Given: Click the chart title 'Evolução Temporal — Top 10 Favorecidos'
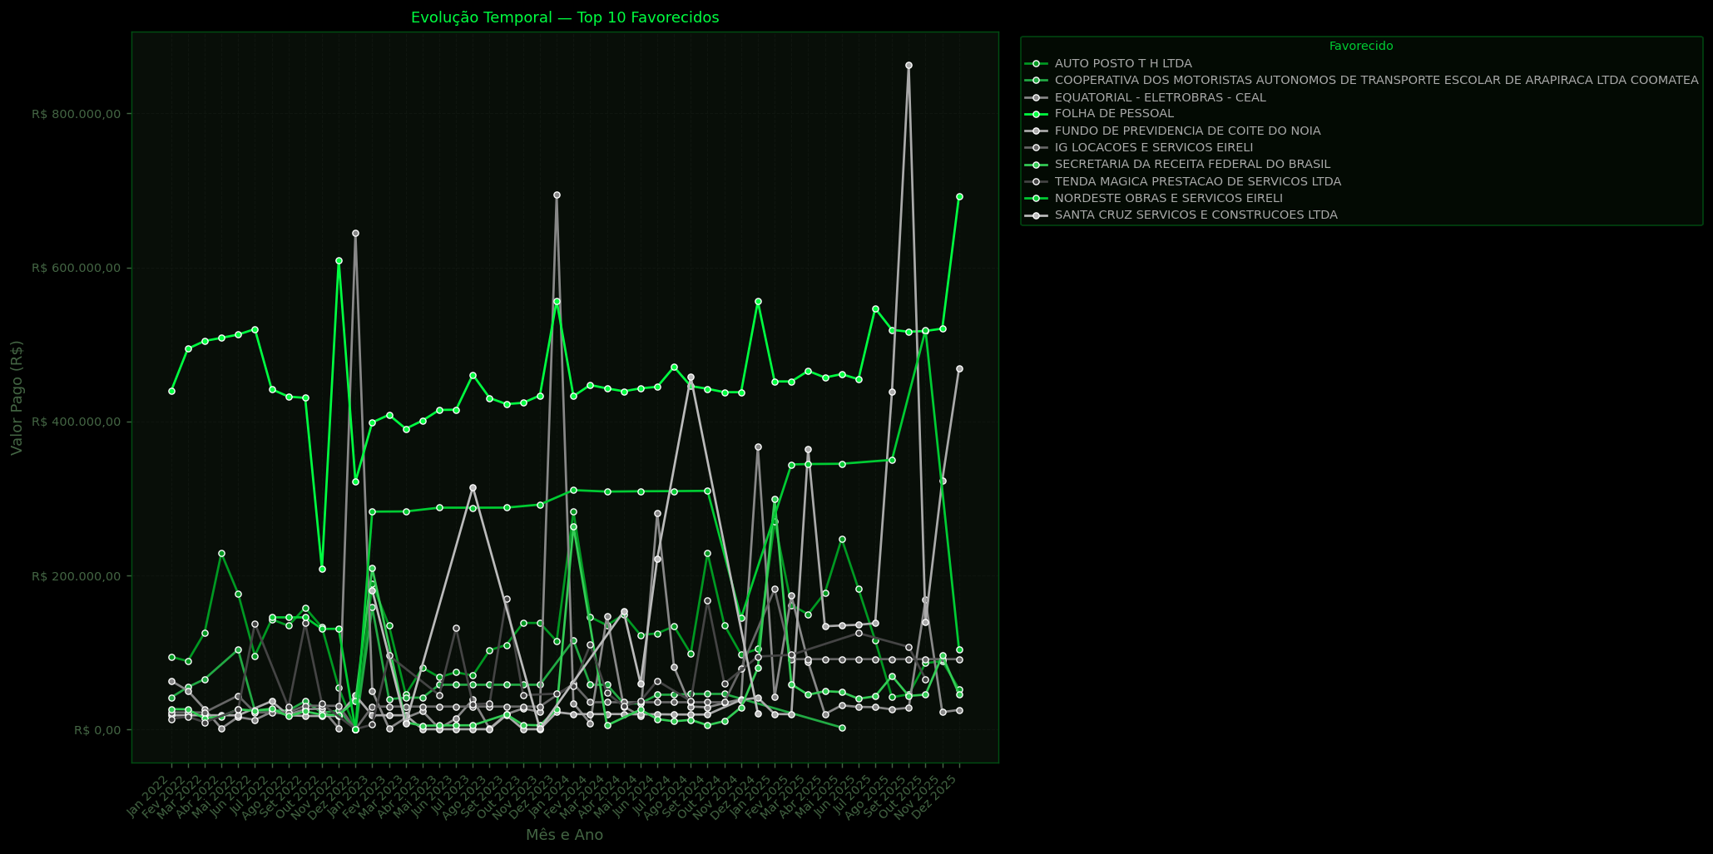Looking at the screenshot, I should coord(565,17).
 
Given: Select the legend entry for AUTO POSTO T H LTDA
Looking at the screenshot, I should coord(1122,63).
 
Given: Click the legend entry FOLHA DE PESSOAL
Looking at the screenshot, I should coord(1114,114).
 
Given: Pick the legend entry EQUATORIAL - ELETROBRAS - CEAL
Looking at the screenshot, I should coord(1160,97).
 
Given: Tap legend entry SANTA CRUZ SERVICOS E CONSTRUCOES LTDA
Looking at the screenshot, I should coord(1196,215).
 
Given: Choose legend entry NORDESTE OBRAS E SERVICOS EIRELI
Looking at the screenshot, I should coord(1168,198).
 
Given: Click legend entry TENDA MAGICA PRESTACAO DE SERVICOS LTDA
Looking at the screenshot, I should coord(1197,181).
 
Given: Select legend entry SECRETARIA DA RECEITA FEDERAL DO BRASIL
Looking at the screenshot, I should coord(1192,165).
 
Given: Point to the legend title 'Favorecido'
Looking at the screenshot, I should coord(1361,47).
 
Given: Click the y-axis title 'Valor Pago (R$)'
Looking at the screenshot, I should coord(17,397).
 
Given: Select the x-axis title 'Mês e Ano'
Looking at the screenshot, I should coord(564,835).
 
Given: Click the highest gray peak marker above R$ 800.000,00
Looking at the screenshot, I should coord(908,65).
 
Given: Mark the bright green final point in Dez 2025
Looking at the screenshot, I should coord(959,197).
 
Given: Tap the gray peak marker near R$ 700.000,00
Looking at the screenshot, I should coord(557,195).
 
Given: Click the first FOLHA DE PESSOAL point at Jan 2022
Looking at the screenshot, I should coord(171,391).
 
